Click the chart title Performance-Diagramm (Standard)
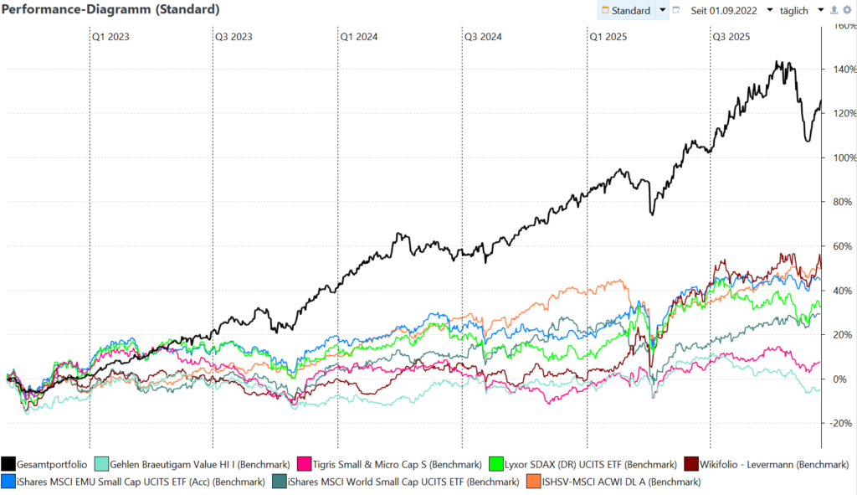pyautogui.click(x=112, y=10)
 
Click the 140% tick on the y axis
pyautogui.click(x=839, y=69)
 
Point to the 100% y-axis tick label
pyautogui.click(x=839, y=157)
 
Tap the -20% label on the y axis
pyautogui.click(x=839, y=423)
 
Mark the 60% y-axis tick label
pyautogui.click(x=839, y=246)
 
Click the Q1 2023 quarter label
pyautogui.click(x=110, y=37)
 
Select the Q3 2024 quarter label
pyautogui.click(x=482, y=37)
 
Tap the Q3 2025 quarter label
pyautogui.click(x=731, y=37)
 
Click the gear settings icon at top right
pyautogui.click(x=846, y=10)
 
